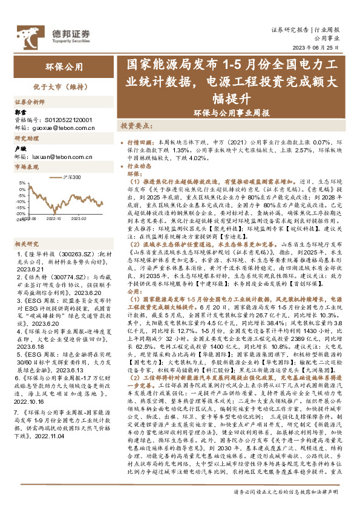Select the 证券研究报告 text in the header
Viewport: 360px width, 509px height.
[290, 28]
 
